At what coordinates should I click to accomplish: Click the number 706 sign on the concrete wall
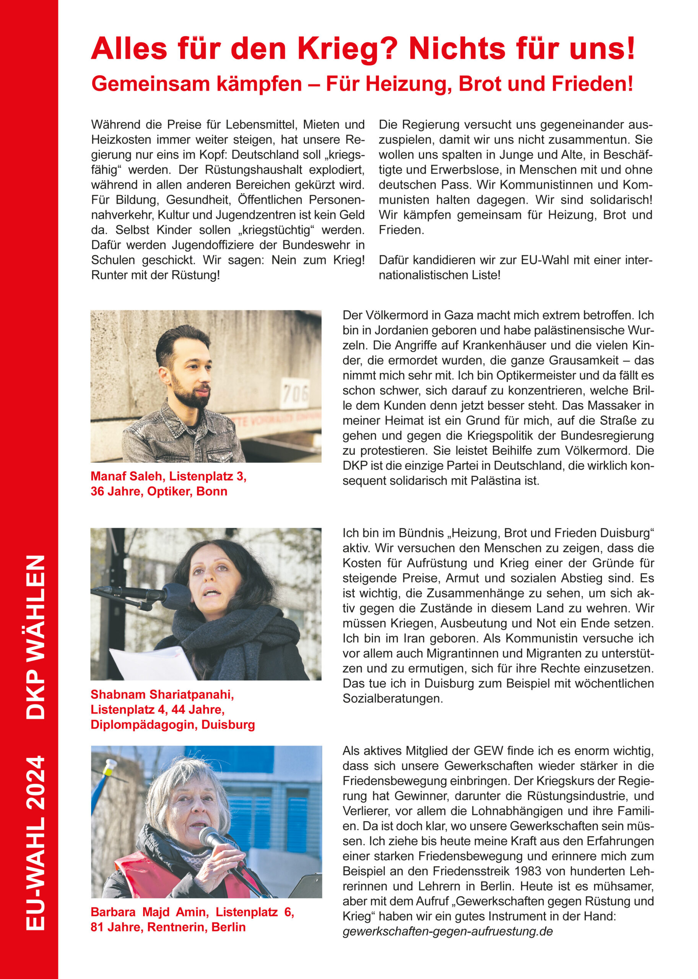(x=295, y=393)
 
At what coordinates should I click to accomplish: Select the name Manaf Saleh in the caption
(x=127, y=476)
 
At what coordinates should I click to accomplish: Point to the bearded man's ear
(x=164, y=372)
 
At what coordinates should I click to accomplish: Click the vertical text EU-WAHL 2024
(x=36, y=842)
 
